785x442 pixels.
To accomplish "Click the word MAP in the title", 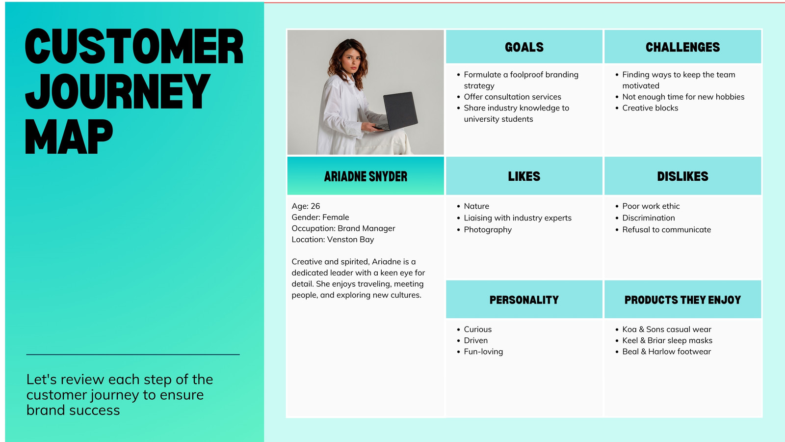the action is click(x=69, y=137).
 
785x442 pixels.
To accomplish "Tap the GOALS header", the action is click(x=524, y=47).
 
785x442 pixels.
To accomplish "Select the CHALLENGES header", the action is click(x=682, y=47).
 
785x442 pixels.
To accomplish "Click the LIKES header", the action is click(x=524, y=176).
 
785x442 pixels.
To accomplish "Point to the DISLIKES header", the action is click(x=682, y=176).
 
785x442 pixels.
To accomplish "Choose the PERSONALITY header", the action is click(x=524, y=300).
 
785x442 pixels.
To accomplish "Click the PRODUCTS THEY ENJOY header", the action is click(x=682, y=300).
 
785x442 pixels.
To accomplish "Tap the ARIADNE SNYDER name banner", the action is click(x=366, y=176).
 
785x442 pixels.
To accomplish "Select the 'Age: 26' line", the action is click(x=306, y=206).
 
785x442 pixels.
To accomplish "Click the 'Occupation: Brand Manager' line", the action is click(x=343, y=228).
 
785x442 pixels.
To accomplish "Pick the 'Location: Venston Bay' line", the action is click(x=333, y=240).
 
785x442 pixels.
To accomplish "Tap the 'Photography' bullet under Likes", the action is click(x=488, y=230).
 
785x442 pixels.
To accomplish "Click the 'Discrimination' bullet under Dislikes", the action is click(x=648, y=218).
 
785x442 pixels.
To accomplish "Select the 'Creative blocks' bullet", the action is click(x=650, y=108).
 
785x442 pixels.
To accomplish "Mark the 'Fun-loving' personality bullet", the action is click(x=483, y=352).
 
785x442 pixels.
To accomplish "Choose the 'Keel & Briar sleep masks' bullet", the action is click(x=667, y=340).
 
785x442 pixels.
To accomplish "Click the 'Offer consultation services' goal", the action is click(x=512, y=97).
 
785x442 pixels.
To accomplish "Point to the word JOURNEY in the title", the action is click(x=118, y=91).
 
